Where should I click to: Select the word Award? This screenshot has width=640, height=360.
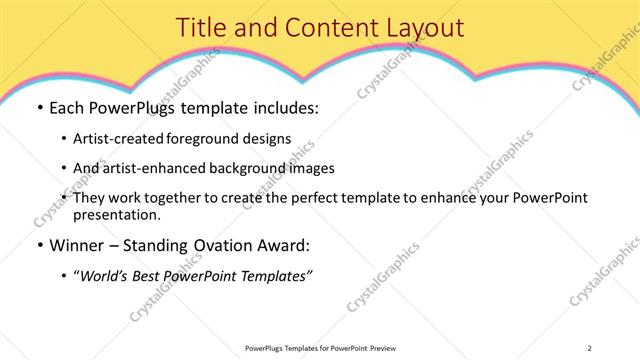coord(284,245)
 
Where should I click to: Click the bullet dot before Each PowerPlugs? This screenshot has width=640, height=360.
coord(39,108)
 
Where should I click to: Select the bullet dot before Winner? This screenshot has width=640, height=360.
coord(39,245)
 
